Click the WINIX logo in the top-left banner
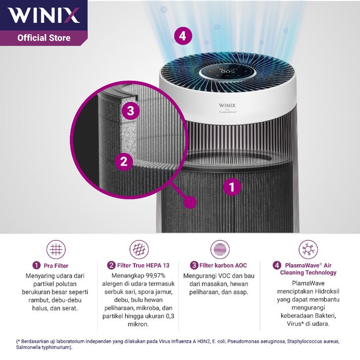point(44,15)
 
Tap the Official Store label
point(44,38)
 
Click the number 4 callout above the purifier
point(183,36)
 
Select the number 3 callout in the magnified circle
point(130,111)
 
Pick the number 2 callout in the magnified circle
point(124,161)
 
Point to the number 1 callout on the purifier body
point(232,187)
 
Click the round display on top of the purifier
point(227,71)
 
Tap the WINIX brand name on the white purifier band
point(227,106)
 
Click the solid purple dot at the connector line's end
point(190,202)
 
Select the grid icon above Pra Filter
point(56,249)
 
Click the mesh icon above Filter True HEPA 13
point(139,249)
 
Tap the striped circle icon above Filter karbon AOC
point(220,249)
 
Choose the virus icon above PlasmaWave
point(308,249)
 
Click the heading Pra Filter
point(56,266)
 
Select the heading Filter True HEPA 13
point(143,265)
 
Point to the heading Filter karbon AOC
point(223,265)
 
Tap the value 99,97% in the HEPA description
point(152,276)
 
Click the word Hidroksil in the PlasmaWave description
point(327,292)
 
